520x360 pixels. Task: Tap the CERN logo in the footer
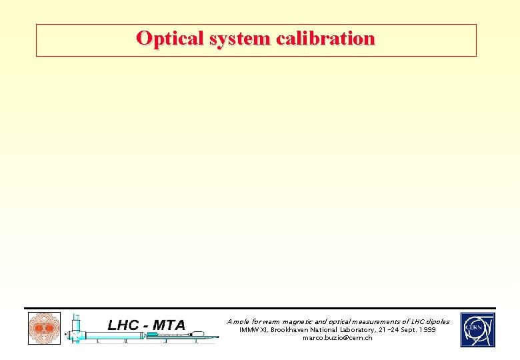point(477,330)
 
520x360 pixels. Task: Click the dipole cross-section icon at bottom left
point(44,329)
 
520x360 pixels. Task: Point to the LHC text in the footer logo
point(123,325)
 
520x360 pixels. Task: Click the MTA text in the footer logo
point(169,325)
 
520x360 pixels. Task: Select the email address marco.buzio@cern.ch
point(337,338)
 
